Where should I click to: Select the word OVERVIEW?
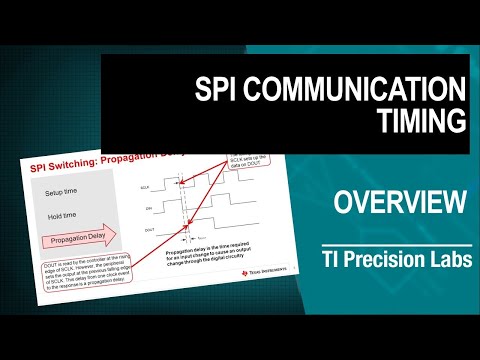(399, 204)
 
